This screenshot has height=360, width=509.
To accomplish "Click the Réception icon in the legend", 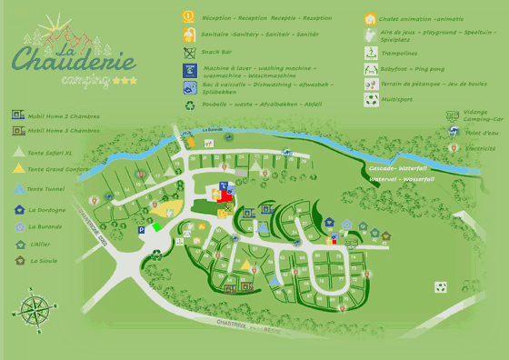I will pos(189,16).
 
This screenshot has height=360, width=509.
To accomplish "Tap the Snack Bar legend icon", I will pos(189,53).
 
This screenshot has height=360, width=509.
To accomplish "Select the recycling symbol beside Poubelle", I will pos(189,105).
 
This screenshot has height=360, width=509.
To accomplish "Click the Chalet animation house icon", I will pos(371,19).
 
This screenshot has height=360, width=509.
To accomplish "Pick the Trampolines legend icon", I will pos(371,53).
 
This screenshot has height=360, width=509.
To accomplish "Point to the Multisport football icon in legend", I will pos(371,100).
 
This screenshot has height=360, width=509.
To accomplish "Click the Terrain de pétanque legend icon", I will pos(371,84).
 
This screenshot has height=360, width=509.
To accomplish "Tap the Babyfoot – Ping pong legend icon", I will pos(371,68).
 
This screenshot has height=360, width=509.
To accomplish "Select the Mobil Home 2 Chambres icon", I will pos(17,115).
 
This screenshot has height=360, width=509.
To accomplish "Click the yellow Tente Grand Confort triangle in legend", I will pos(18,169).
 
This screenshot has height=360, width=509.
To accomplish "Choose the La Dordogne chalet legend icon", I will pos(19,210).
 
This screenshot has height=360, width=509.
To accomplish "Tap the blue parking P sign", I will pos(141,231).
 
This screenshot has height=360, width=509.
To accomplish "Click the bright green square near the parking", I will pos(156,226).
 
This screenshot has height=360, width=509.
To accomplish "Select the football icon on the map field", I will pos(441,287).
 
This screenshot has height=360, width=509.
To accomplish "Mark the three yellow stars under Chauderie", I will pos(125,81).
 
